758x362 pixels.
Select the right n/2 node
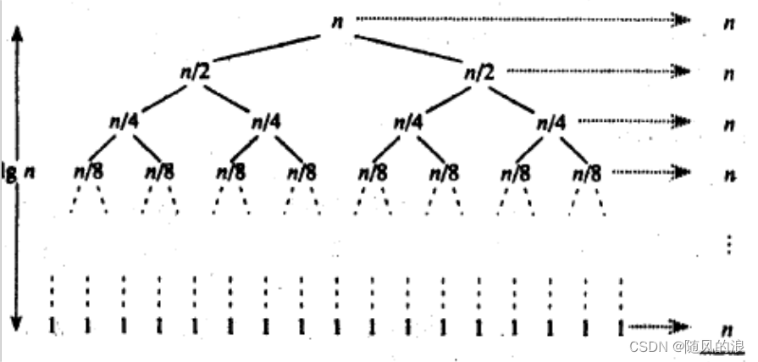[x=479, y=72]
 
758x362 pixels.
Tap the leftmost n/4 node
[x=124, y=122]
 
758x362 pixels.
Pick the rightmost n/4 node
[x=551, y=122]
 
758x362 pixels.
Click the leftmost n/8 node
[x=88, y=172]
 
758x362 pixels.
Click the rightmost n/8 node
[x=587, y=172]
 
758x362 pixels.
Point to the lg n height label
[x=18, y=170]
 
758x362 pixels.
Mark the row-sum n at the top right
[x=728, y=24]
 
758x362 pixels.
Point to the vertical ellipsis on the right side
[x=728, y=245]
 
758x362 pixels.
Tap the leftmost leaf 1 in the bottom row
[x=53, y=326]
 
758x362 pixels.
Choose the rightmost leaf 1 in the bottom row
[x=622, y=326]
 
